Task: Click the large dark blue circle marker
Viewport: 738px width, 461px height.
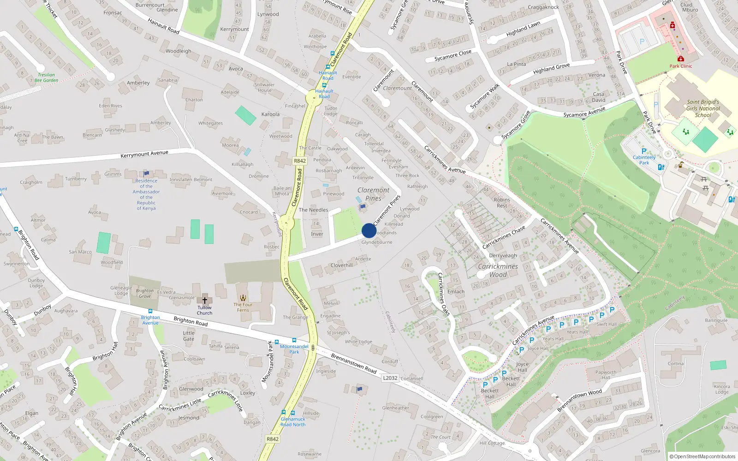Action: [369, 230]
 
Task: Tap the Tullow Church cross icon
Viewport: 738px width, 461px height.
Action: [205, 300]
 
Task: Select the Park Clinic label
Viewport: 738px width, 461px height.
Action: [681, 66]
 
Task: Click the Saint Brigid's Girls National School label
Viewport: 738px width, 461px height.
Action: [703, 108]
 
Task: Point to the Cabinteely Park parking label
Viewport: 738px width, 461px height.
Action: [644, 160]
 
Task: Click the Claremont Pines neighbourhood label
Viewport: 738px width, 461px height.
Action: [373, 194]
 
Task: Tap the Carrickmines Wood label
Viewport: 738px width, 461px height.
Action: [498, 271]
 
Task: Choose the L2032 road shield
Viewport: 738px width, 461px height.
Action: [390, 378]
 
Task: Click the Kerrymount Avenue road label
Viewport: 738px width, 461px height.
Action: [144, 154]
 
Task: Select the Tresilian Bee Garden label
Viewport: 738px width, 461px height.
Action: [46, 77]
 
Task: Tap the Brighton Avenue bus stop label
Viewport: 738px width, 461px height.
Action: [150, 320]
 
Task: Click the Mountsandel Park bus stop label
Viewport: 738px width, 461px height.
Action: [294, 349]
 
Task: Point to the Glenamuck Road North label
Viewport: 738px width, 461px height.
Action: [293, 422]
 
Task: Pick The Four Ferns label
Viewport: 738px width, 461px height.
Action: [243, 307]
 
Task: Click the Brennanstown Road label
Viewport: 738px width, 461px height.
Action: [354, 363]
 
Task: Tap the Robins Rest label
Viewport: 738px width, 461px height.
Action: [502, 203]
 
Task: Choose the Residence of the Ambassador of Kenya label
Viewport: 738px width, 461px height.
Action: [146, 195]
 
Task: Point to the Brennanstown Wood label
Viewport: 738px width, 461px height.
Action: [579, 401]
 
